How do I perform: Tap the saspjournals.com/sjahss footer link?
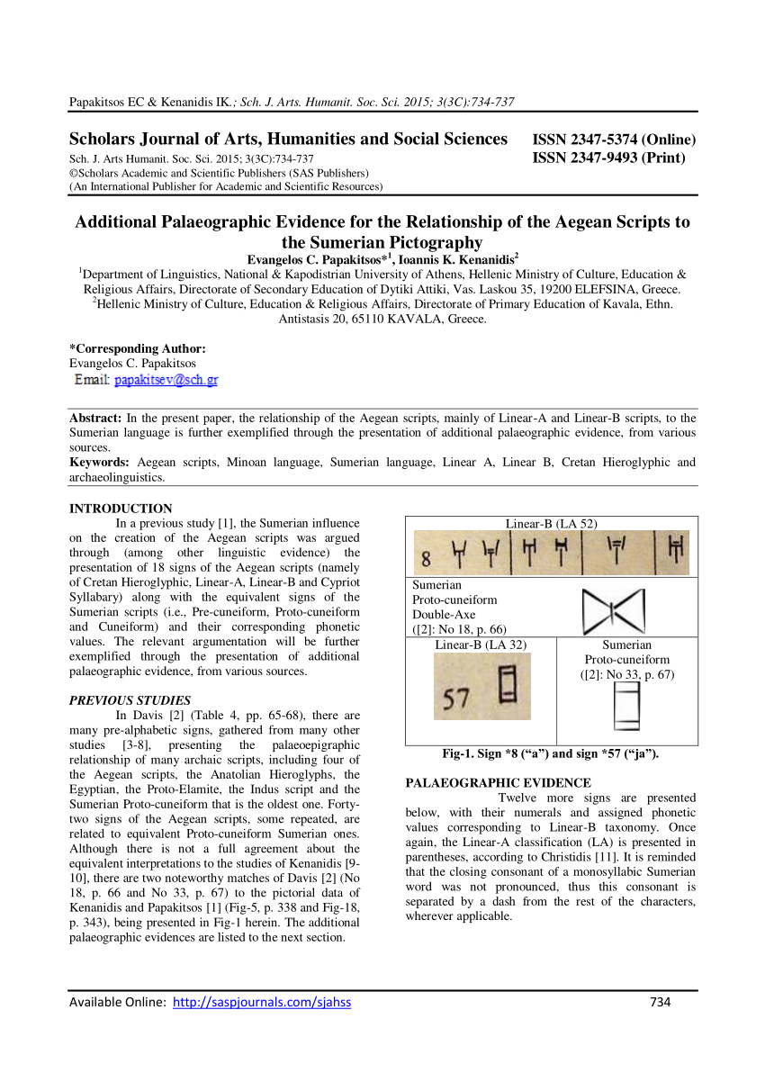(261, 1002)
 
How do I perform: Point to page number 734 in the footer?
(661, 1002)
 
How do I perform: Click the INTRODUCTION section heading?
(121, 509)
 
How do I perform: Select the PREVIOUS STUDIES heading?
(130, 699)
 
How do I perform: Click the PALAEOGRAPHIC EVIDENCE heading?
(499, 783)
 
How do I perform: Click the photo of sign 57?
(482, 686)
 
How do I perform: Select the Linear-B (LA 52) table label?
(551, 524)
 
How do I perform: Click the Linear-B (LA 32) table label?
(481, 645)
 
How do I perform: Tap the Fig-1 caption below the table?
(551, 754)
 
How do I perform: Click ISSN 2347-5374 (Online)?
(614, 140)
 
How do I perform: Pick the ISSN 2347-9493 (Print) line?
(609, 158)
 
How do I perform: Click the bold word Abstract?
(95, 419)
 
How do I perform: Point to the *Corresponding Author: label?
(138, 348)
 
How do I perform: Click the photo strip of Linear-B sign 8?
(551, 553)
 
